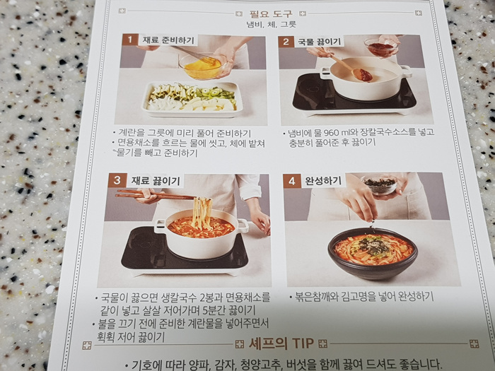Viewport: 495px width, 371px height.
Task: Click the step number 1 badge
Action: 129,40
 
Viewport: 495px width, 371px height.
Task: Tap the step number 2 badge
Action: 286,42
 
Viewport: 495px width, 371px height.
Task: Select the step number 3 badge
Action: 117,180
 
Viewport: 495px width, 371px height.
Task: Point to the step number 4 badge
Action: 291,181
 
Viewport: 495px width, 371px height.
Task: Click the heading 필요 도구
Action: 271,14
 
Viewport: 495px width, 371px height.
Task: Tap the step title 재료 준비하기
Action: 168,40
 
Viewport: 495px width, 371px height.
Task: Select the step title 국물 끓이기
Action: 320,42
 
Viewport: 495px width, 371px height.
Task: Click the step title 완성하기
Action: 323,181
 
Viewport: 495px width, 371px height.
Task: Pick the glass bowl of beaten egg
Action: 202,66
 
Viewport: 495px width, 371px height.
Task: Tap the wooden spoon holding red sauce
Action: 352,68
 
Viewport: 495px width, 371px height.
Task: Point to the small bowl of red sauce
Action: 380,47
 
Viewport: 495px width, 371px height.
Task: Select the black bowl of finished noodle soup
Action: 373,253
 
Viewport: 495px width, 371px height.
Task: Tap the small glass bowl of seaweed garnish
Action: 380,184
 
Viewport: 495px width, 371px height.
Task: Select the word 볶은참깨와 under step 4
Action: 317,297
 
